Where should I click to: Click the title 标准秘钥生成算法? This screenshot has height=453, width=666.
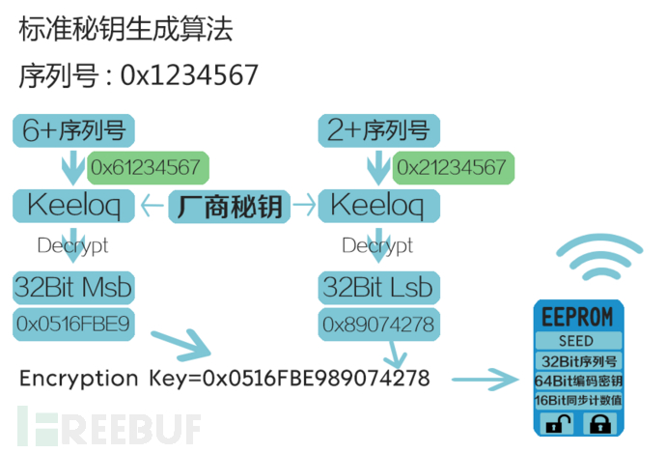pos(125,29)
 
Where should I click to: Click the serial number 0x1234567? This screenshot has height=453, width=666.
pos(189,75)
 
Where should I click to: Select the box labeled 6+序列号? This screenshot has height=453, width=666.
pos(73,130)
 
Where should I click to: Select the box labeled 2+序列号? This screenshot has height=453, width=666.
pos(379,130)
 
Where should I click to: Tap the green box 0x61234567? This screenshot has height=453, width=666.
pos(148,167)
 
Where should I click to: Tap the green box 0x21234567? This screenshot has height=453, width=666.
pos(454,167)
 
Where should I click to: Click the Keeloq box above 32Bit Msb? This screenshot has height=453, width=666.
pos(73,206)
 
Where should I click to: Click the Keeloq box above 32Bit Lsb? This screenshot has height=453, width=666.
pos(379,206)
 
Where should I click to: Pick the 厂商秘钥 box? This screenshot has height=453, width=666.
pos(230,207)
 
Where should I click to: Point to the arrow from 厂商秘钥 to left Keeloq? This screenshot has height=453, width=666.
pos(152,206)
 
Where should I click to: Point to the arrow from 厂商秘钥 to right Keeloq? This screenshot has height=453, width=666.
pos(305,206)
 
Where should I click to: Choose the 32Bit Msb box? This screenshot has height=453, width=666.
pos(73,288)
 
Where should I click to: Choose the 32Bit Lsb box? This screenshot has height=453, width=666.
pos(379,288)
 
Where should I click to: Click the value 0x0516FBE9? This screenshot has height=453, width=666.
pos(73,325)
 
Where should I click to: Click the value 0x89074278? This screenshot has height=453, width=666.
pos(379,325)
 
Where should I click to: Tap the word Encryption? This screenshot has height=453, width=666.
pos(79,379)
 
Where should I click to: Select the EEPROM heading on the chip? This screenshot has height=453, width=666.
pos(577,317)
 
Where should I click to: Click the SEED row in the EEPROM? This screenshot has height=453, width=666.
pos(578,341)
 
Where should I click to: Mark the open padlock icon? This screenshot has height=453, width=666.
pos(558,423)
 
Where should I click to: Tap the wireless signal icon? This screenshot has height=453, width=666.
pos(599,257)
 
